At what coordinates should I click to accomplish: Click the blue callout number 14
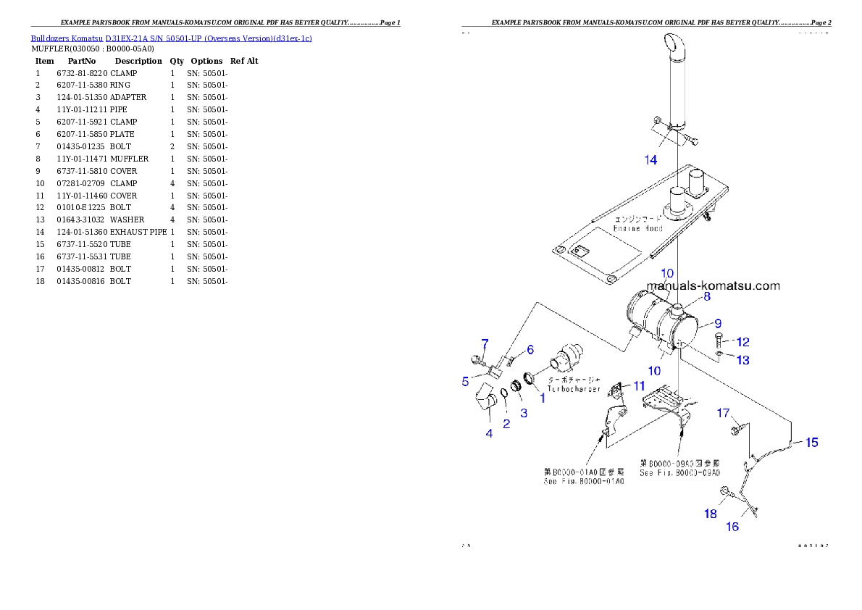(650, 159)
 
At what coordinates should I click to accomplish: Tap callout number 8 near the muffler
(706, 296)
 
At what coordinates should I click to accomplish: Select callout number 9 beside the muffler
(718, 323)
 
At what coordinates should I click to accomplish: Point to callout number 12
(743, 342)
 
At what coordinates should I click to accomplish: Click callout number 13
(743, 360)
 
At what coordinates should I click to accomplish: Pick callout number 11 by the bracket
(638, 386)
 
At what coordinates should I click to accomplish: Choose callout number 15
(812, 442)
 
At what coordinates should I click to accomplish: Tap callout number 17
(723, 414)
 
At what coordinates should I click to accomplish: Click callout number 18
(711, 514)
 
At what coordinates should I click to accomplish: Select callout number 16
(732, 527)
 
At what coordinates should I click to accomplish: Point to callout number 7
(485, 343)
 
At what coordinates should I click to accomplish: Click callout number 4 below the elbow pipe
(489, 433)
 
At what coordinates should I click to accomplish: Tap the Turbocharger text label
(574, 389)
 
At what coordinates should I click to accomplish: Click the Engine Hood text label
(637, 227)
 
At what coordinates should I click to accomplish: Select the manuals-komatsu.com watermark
(713, 285)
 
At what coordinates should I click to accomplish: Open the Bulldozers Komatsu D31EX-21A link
(171, 38)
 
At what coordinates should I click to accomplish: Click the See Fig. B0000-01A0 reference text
(584, 481)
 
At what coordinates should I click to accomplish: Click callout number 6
(530, 350)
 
